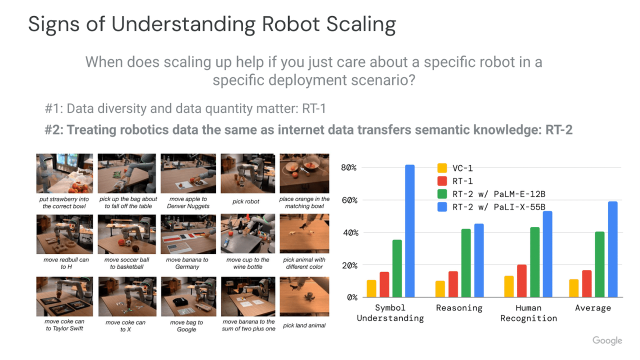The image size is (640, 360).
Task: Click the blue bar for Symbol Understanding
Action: (409, 231)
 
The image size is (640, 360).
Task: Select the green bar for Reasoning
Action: (465, 263)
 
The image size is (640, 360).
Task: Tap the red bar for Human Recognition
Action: (521, 281)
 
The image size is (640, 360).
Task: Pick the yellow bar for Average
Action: (573, 288)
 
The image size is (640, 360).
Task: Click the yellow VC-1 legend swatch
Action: (442, 168)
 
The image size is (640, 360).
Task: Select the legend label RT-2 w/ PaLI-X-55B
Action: (498, 207)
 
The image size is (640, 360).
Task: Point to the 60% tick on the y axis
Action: (349, 200)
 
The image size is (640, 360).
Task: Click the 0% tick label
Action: (352, 297)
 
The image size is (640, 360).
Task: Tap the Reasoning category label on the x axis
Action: (459, 307)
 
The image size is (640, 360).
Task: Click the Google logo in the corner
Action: (607, 340)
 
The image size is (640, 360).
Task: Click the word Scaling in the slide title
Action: (361, 24)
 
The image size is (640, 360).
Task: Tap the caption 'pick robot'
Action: (245, 201)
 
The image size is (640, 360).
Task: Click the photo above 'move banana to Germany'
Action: (188, 234)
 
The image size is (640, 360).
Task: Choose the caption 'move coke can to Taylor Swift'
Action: (64, 325)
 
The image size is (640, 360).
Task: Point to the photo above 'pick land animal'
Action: (304, 296)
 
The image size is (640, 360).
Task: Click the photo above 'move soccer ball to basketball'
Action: (127, 234)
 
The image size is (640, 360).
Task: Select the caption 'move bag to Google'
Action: (186, 325)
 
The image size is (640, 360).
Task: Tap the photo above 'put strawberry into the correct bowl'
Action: (64, 173)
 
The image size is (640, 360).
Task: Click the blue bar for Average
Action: (612, 249)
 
